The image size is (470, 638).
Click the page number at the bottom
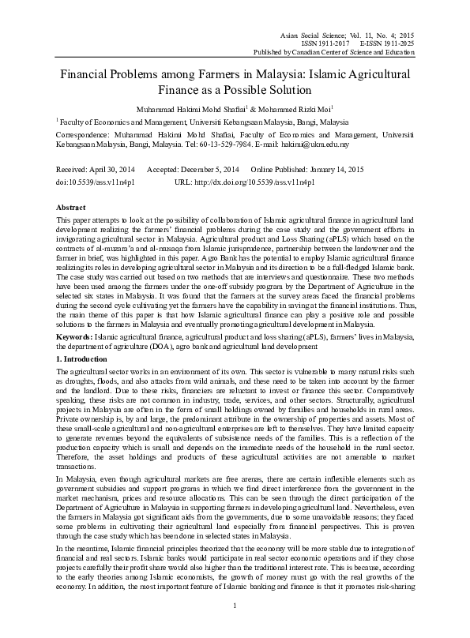point(235,627)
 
